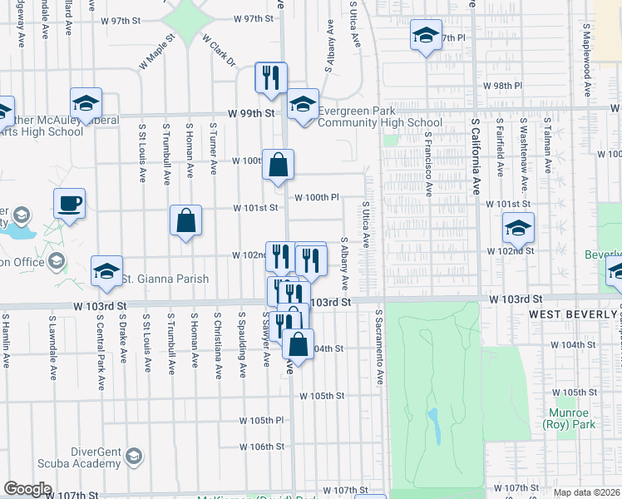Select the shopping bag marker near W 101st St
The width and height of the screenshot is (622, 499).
[186, 221]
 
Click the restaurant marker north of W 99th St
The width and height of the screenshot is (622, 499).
[271, 78]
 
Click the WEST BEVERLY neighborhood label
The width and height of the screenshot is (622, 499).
[570, 315]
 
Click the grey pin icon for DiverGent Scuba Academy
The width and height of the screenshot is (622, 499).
[134, 456]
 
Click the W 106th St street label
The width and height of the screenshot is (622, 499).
[262, 447]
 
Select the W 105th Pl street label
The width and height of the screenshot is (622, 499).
[262, 421]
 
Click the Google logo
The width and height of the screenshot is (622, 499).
[27, 489]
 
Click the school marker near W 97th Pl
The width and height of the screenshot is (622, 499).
[426, 37]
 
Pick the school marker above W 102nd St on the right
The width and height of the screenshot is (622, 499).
[518, 228]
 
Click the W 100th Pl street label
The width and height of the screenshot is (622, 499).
[317, 198]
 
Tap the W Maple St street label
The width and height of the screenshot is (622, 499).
[158, 50]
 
